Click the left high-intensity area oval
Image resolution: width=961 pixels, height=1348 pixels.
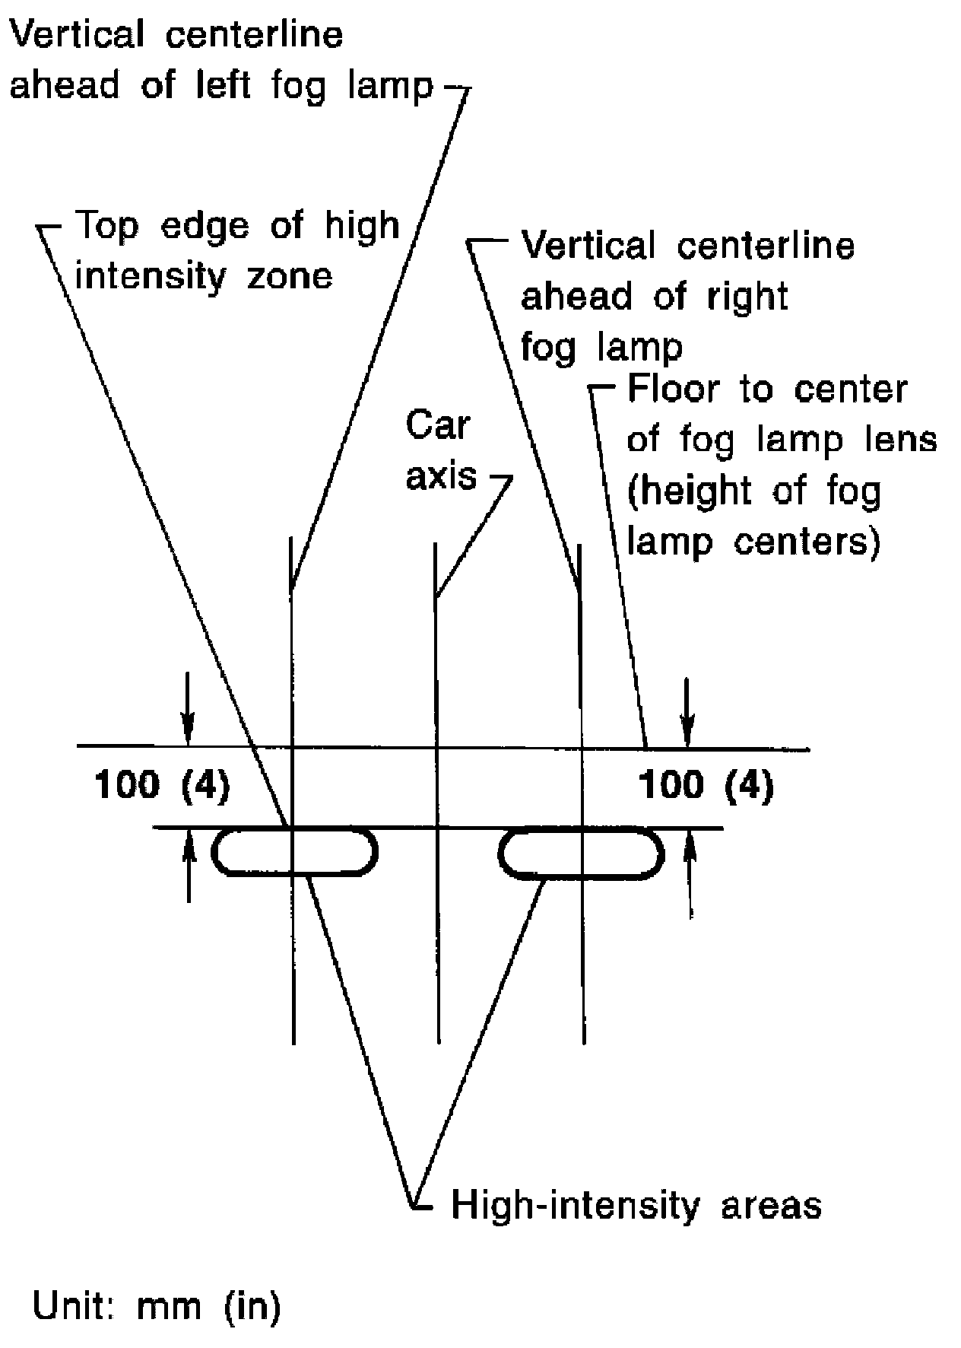point(294,852)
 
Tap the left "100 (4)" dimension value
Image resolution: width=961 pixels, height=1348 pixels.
point(161,785)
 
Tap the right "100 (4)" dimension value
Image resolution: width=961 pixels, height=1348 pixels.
point(706,785)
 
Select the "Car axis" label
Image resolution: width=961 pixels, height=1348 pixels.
point(440,450)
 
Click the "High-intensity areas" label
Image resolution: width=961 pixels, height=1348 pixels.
point(636,1206)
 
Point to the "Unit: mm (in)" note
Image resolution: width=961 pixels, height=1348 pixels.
point(157,1307)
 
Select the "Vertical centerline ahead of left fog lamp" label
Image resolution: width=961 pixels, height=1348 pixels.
point(220,61)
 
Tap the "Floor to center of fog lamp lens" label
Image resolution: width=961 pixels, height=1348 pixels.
point(768,415)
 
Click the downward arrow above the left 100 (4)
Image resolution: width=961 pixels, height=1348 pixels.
point(188,715)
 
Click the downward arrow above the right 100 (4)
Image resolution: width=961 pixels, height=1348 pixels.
point(687,711)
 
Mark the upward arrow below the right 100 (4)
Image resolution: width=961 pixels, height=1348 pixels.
point(690,875)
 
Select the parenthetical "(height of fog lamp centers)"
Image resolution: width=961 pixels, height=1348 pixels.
point(753,517)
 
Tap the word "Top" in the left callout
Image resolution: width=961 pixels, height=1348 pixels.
point(109,226)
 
